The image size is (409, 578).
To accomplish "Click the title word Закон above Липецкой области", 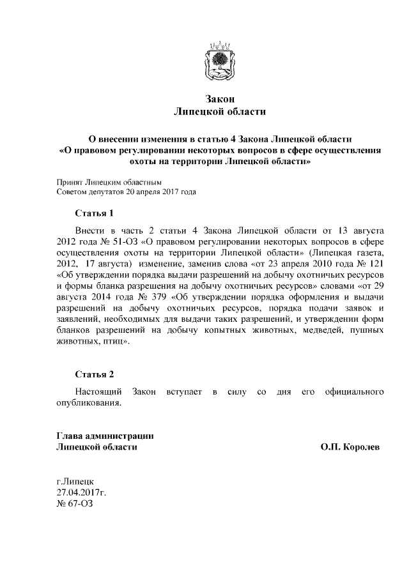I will click(220, 100).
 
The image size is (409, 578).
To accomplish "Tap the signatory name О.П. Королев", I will click(350, 448).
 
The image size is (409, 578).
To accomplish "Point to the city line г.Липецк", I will click(75, 480).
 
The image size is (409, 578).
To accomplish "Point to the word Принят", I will click(70, 181).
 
